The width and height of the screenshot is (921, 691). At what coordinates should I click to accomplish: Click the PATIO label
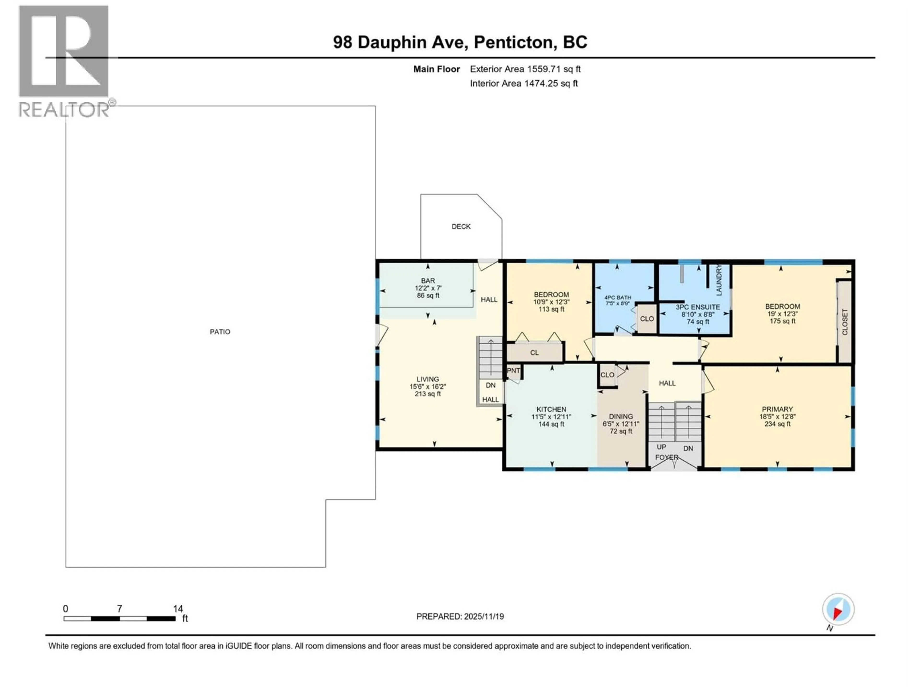point(220,332)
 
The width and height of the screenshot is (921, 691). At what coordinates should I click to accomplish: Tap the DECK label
point(461,226)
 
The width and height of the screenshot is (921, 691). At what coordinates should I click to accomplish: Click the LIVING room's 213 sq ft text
point(428,394)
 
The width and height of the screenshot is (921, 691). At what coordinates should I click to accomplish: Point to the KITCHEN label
point(551,409)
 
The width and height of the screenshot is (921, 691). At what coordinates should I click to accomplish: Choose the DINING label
point(620,417)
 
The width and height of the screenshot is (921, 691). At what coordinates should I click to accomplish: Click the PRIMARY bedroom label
point(777,409)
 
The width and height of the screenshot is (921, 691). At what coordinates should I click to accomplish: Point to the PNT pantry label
point(513,371)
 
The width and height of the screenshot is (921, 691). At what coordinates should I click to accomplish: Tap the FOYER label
point(667,457)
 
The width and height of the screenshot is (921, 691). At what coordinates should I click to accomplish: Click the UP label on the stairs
point(661,447)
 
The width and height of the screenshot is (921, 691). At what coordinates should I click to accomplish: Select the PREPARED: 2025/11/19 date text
point(460,616)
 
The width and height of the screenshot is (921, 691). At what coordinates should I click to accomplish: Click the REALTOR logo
point(64,60)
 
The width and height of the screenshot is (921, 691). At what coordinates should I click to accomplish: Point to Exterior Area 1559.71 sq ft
point(525,69)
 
